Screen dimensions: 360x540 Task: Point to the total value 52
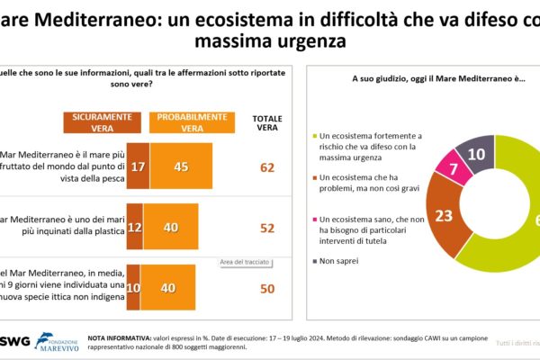tap(266, 229)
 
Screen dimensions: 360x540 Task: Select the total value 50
tap(266, 288)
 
